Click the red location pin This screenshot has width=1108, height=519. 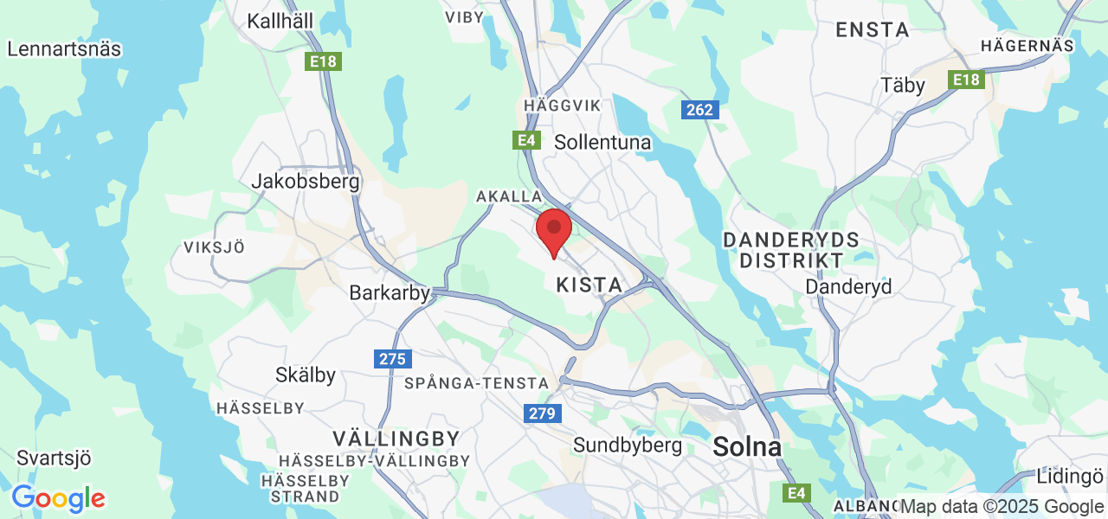554,231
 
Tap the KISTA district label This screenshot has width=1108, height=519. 589,285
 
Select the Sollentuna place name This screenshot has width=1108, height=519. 602,142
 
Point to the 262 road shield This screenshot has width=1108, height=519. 699,110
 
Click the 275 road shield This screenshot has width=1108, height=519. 393,358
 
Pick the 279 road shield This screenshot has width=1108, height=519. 542,413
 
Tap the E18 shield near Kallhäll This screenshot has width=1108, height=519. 324,62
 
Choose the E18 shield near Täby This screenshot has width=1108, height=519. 967,80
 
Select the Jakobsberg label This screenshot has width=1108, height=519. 305,182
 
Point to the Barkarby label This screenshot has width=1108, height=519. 390,293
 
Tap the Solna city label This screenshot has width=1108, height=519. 747,447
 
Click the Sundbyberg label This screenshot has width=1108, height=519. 628,445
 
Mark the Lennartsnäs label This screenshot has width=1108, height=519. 64,48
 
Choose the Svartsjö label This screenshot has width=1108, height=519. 54,458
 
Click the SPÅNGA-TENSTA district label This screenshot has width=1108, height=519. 476,382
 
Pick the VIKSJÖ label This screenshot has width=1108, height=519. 214,247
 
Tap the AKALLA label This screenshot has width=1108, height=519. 509,197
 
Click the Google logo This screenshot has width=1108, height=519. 58,498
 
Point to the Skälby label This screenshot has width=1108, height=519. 305,375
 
